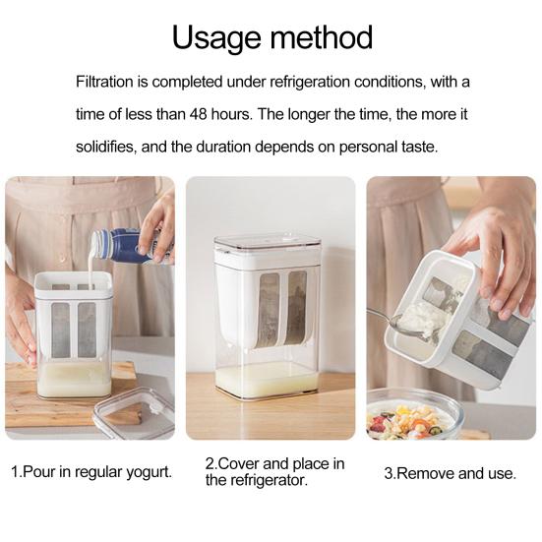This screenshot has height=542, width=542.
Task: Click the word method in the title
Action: point(321,37)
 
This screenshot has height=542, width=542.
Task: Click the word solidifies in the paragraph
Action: point(115,147)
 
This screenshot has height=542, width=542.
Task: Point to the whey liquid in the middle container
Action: point(268,379)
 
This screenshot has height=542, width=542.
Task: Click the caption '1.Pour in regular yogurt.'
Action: point(91,472)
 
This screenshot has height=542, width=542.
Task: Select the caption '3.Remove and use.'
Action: point(450,473)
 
